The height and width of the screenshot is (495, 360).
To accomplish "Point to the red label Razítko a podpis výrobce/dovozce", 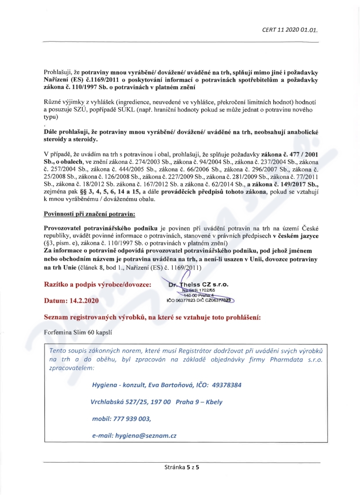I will point(98,284).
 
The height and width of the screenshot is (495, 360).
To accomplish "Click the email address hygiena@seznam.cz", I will point(146,436).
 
